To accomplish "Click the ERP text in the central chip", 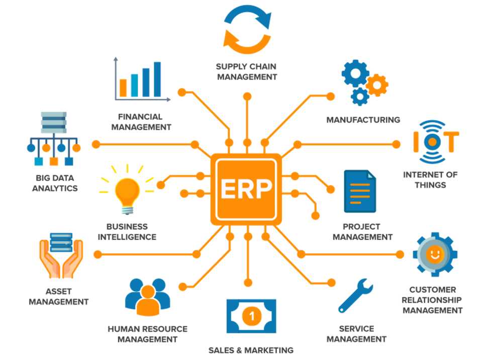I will point(246,189).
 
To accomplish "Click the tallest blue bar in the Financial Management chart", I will point(157,79).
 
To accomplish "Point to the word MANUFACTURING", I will point(363,120).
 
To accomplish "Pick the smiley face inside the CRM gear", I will point(433,254).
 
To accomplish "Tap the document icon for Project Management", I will point(360,192).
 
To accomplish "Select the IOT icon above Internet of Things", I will point(435,141).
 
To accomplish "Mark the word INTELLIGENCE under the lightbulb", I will point(127,237).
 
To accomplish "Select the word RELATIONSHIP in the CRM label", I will point(432,300).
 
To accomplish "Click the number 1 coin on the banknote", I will point(251,316).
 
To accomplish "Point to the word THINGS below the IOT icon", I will point(430,185).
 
